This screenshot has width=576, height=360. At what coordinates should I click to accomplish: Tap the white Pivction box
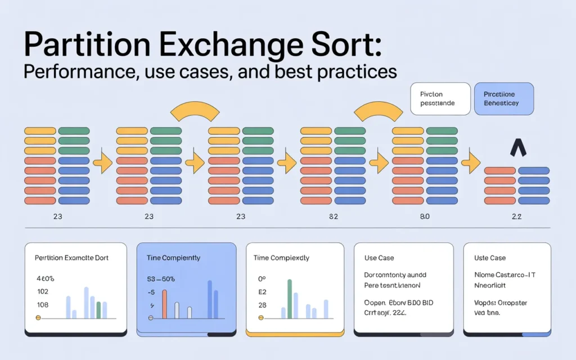[x=440, y=99]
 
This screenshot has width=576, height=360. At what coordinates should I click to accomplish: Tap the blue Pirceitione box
[x=504, y=99]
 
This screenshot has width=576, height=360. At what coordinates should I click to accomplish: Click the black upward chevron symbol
[x=517, y=148]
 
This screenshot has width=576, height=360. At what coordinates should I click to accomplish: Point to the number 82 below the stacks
[x=332, y=216]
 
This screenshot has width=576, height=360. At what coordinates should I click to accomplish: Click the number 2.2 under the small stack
[x=516, y=216]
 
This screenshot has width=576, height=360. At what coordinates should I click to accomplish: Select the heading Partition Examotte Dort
[x=71, y=258]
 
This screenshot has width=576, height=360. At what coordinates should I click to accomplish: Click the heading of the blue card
[x=173, y=258]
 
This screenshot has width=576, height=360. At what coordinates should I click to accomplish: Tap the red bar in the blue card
[x=165, y=304]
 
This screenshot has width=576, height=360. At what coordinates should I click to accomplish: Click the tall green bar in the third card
[x=290, y=299]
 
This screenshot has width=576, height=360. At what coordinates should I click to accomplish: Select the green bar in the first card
[x=98, y=310]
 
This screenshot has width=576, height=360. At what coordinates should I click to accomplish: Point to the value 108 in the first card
[x=42, y=304]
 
